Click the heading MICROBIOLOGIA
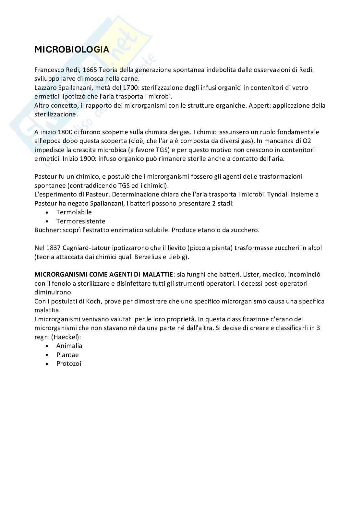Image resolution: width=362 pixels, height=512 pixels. [x=72, y=49]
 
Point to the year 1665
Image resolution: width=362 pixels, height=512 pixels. [x=90, y=70]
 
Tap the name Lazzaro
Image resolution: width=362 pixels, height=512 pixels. [x=45, y=88]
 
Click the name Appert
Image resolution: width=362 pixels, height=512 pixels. [x=257, y=105]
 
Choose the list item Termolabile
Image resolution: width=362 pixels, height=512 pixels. [x=74, y=212]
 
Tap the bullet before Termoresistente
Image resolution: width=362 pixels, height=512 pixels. [x=48, y=221]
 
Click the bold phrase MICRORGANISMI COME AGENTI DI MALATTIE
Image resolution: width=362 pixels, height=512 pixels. [x=104, y=274]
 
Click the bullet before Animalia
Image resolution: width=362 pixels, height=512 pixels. [x=48, y=346]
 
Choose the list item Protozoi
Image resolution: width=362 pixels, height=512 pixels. [x=69, y=363]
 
